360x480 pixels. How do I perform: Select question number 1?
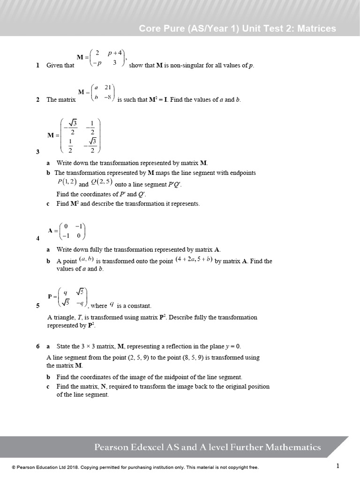pyautogui.click(x=37, y=66)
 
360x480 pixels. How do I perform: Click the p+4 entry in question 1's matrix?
pyautogui.click(x=115, y=53)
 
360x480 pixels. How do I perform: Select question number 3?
pyautogui.click(x=37, y=152)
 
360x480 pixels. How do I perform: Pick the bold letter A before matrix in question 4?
pyautogui.click(x=50, y=231)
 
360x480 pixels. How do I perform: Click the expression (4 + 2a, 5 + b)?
pyautogui.click(x=194, y=259)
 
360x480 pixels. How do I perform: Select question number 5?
pyautogui.click(x=37, y=306)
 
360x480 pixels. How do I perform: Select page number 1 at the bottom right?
pyautogui.click(x=337, y=466)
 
